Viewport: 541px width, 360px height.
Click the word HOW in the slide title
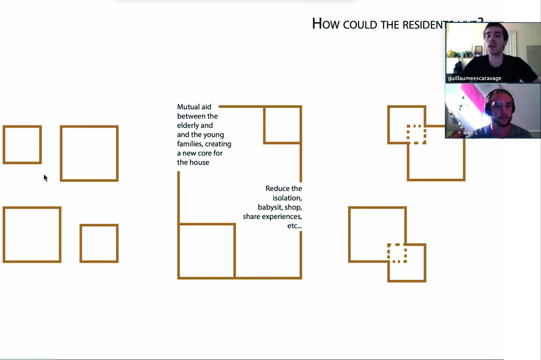[x=322, y=24]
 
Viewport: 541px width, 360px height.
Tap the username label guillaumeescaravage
[x=475, y=78]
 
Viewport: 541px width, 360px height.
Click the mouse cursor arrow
[x=45, y=178]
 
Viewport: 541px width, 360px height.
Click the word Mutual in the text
[x=188, y=107]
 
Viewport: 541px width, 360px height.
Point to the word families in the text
[x=191, y=144]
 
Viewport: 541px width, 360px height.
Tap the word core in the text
[x=205, y=153]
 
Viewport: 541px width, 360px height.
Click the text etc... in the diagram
[x=294, y=226]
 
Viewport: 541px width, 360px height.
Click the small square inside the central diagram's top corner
[x=282, y=125]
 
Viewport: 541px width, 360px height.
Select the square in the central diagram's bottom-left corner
[x=207, y=251]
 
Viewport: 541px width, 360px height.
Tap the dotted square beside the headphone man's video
[x=416, y=134]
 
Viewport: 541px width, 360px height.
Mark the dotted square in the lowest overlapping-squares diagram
[x=397, y=253]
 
